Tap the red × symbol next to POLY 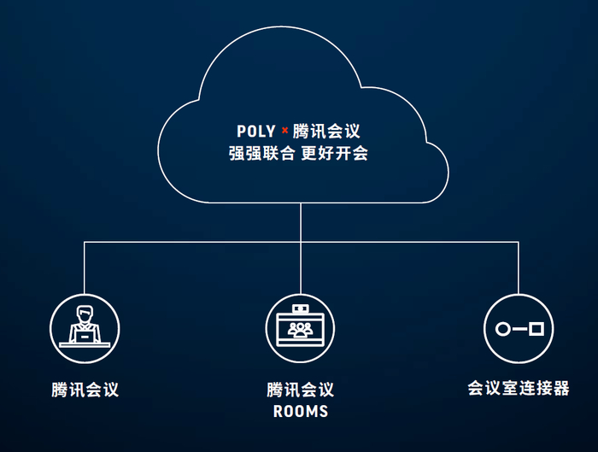coord(284,131)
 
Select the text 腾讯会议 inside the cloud coord(326,132)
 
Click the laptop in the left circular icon coord(84,337)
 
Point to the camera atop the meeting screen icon coord(300,308)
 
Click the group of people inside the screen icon coord(300,329)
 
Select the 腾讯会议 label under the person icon coord(85,390)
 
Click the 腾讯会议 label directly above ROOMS coord(300,390)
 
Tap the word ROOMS coord(300,412)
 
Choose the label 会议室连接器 coord(519,388)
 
